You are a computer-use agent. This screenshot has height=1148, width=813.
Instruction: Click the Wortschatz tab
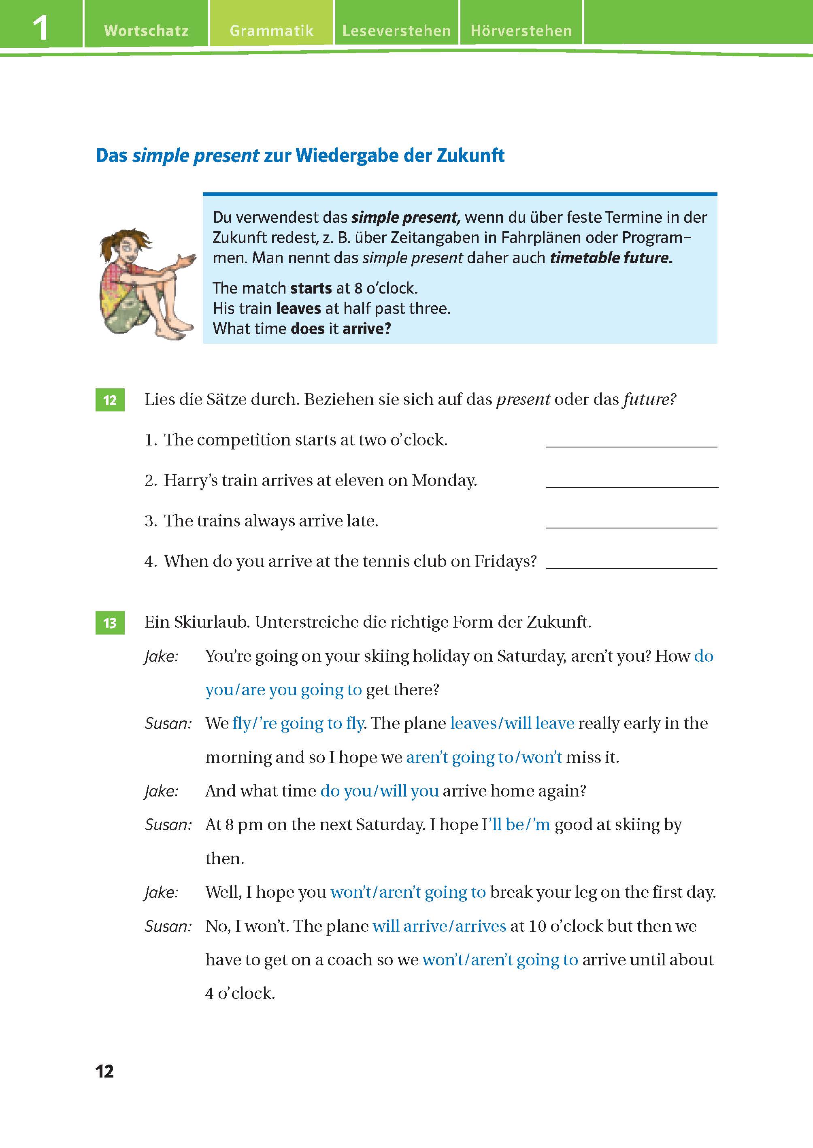146,30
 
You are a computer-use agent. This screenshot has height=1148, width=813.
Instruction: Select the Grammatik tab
271,30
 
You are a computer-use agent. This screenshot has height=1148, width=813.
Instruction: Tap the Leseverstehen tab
396,30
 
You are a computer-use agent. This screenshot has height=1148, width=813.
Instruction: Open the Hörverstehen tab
521,30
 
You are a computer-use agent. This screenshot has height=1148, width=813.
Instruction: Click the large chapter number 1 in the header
40,28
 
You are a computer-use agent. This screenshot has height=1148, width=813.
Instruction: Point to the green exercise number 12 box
110,400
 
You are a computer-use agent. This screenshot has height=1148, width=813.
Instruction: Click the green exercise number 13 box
110,623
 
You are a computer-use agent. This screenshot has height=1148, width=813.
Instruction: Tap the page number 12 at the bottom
104,1071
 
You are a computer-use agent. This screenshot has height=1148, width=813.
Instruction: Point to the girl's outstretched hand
186,260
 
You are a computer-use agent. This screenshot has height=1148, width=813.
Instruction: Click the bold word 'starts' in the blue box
311,288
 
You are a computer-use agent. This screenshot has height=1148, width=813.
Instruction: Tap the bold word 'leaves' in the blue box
298,309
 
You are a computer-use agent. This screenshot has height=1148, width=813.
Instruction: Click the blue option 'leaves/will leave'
512,724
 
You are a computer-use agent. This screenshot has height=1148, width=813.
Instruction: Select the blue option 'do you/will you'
379,791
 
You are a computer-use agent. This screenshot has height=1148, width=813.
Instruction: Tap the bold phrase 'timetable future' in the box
611,258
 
